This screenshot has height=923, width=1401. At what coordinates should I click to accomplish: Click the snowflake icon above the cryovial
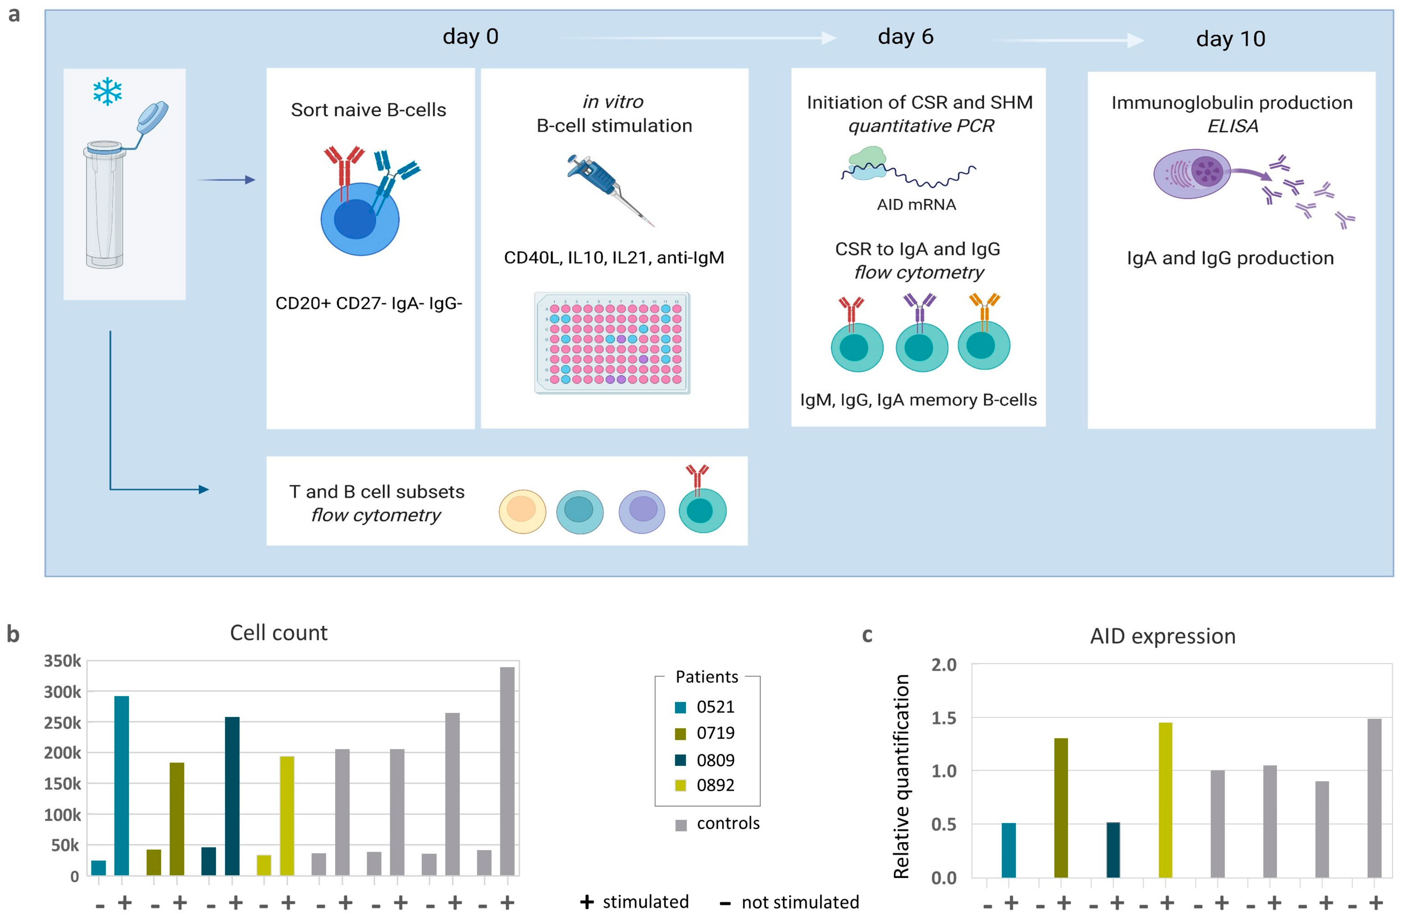107,92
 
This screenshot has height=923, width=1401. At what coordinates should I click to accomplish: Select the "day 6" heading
906,36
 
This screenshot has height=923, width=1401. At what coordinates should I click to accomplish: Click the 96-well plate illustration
612,343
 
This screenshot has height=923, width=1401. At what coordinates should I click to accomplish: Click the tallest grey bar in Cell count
507,771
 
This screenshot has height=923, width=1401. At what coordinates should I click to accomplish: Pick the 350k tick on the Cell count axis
62,661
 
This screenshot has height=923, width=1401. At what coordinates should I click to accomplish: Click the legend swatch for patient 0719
681,733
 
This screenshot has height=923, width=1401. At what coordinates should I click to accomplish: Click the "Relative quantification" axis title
901,776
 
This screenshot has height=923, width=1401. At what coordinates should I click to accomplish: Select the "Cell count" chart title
278,633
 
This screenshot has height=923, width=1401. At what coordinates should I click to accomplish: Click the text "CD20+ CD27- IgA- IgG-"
369,303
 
